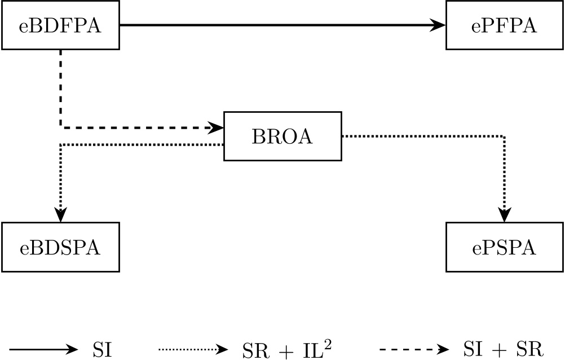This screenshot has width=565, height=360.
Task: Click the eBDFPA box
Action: pyautogui.click(x=60, y=25)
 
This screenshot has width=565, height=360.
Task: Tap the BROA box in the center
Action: pyautogui.click(x=282, y=137)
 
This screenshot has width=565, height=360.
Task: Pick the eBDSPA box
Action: pyautogui.click(x=60, y=247)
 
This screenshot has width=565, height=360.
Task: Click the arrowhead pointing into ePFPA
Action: pyautogui.click(x=439, y=25)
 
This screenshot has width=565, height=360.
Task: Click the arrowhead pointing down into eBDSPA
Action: pyautogui.click(x=60, y=214)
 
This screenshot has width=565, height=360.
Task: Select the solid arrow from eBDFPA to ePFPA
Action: pyautogui.click(x=276, y=25)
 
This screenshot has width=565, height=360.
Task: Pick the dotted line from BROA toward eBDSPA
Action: pyautogui.click(x=141, y=145)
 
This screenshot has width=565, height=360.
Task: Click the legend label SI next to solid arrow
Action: pyautogui.click(x=102, y=350)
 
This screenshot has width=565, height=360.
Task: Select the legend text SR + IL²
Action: pyautogui.click(x=282, y=349)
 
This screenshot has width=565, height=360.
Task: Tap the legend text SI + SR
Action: pyautogui.click(x=501, y=350)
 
